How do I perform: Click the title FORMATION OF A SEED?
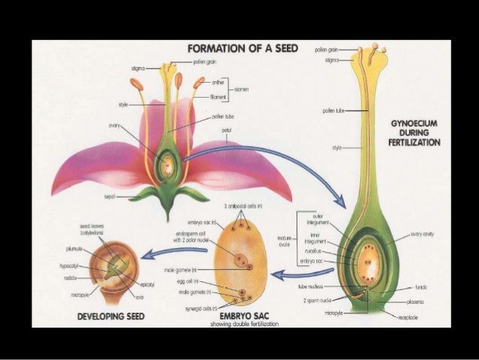click(239, 49)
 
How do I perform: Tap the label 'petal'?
click(227, 129)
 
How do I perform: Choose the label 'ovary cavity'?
click(426, 234)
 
